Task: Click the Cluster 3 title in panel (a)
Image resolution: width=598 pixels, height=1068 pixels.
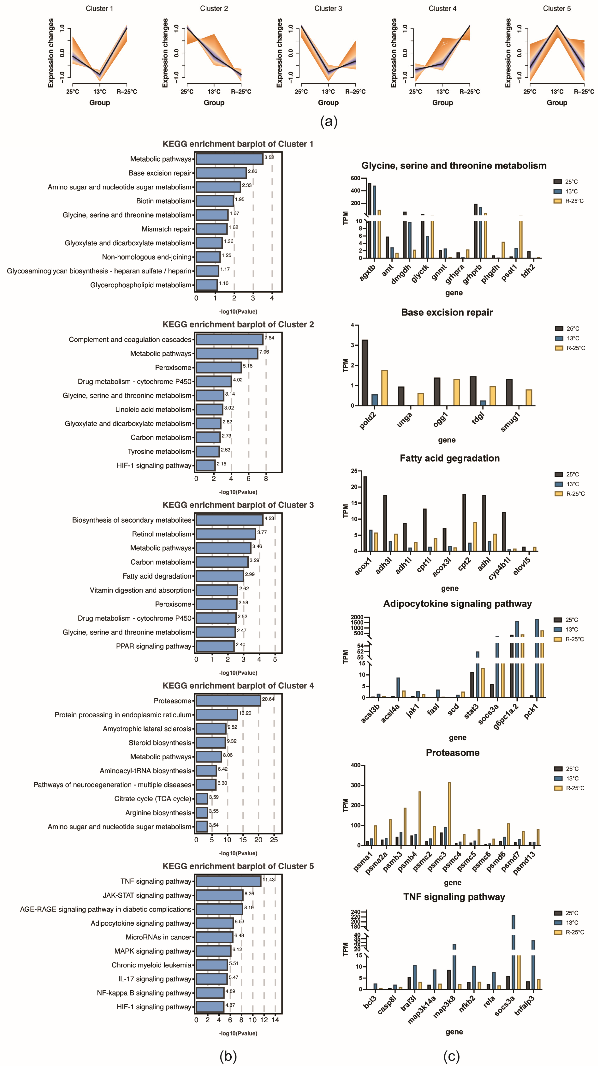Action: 328,8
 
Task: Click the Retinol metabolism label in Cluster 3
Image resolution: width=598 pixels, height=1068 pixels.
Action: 162,534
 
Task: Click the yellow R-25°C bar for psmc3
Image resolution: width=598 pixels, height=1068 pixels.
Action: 449,813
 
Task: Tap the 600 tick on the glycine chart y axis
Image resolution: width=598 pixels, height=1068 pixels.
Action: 355,178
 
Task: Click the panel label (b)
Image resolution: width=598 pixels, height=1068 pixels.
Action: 228,1056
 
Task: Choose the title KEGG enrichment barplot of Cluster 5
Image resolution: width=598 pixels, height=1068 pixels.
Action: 238,866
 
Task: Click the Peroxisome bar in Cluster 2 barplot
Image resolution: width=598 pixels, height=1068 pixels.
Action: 218,367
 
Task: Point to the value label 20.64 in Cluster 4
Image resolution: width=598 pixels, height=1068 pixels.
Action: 268,699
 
